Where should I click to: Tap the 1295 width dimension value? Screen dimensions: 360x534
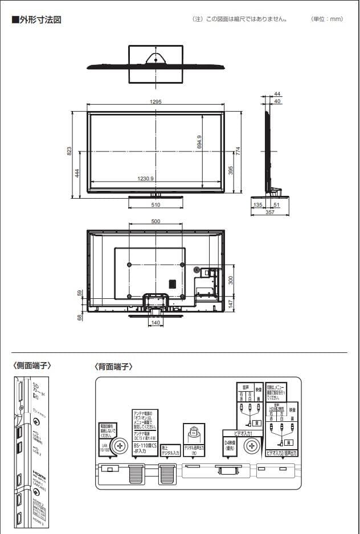click(x=156, y=102)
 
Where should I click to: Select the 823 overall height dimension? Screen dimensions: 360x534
click(x=69, y=151)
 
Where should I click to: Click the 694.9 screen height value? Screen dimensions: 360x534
click(x=199, y=142)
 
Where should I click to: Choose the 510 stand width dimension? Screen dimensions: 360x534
click(x=156, y=205)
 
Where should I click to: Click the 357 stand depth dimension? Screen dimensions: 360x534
click(x=270, y=212)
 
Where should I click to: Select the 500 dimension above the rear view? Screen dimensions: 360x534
click(x=156, y=221)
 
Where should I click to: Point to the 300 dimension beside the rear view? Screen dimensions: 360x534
click(x=231, y=280)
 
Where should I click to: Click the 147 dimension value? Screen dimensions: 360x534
click(x=231, y=304)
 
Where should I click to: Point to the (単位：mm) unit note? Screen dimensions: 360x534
click(x=327, y=19)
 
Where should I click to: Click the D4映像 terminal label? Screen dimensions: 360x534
click(x=230, y=444)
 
